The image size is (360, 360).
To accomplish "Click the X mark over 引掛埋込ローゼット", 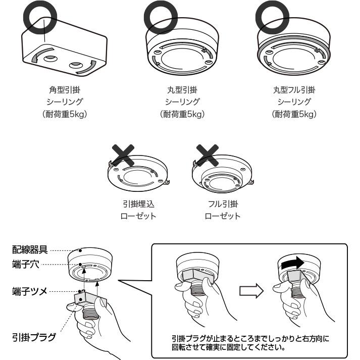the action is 123,155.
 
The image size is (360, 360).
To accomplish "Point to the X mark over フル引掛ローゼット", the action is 208,155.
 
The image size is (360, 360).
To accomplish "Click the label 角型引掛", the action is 65,90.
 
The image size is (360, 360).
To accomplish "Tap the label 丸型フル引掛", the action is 294,90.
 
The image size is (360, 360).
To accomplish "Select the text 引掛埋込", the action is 138,204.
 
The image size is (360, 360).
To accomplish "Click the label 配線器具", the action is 30,249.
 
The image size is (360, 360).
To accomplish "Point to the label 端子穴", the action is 26,264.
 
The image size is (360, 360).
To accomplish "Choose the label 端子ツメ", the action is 30,291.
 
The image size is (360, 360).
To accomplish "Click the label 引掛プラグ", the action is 34,337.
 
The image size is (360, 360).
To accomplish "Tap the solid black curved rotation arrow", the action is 293,263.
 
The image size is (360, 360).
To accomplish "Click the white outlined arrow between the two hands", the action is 251,291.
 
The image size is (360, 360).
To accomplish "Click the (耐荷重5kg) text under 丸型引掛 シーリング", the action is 182,114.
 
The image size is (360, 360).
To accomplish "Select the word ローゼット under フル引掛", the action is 223,216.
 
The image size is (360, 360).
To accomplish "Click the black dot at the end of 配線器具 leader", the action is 80,250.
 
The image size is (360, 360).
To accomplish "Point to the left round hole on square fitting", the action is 50,59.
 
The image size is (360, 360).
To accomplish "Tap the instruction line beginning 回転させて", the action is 229,347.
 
